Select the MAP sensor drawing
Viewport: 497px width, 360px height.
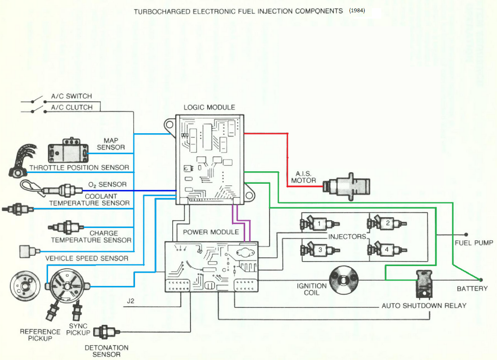pos(68,153)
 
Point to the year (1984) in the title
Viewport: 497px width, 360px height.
pos(357,11)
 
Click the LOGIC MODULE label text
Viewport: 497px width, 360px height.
pos(209,107)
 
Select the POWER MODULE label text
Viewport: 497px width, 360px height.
pos(211,232)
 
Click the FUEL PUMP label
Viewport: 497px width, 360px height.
pos(474,243)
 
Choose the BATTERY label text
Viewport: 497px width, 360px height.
pos(472,288)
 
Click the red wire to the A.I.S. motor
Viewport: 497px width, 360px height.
pos(287,157)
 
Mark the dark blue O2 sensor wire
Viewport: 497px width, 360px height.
pos(133,191)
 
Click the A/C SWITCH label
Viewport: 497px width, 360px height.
pos(71,96)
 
